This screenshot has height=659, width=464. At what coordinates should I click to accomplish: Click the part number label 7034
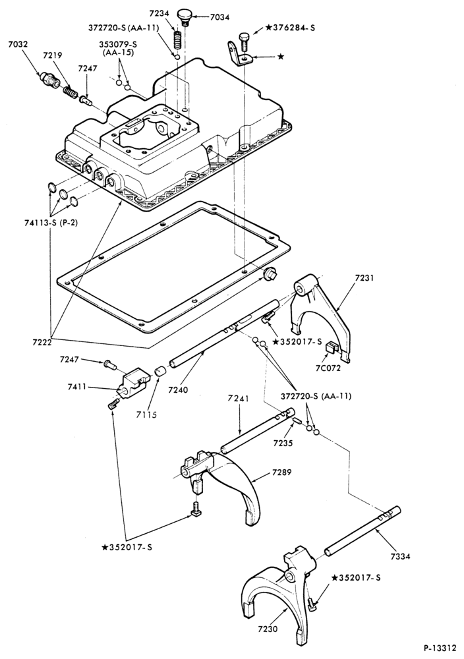point(220,18)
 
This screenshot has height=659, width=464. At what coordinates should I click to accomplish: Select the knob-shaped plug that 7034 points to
point(185,17)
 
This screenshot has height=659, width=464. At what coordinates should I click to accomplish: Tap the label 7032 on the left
point(18,43)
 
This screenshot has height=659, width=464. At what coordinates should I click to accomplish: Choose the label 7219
point(53,55)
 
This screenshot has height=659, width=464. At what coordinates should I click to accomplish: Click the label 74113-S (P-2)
point(51,223)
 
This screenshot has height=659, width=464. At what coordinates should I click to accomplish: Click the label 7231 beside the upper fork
point(364,278)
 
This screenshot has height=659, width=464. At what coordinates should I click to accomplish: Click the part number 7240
point(178,389)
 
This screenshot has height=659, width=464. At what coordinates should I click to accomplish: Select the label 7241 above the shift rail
point(239,397)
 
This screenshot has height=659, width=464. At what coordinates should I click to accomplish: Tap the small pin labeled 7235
point(297,420)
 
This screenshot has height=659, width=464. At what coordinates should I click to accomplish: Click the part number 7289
point(281,472)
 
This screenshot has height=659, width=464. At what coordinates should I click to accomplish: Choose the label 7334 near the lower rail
point(399,556)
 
